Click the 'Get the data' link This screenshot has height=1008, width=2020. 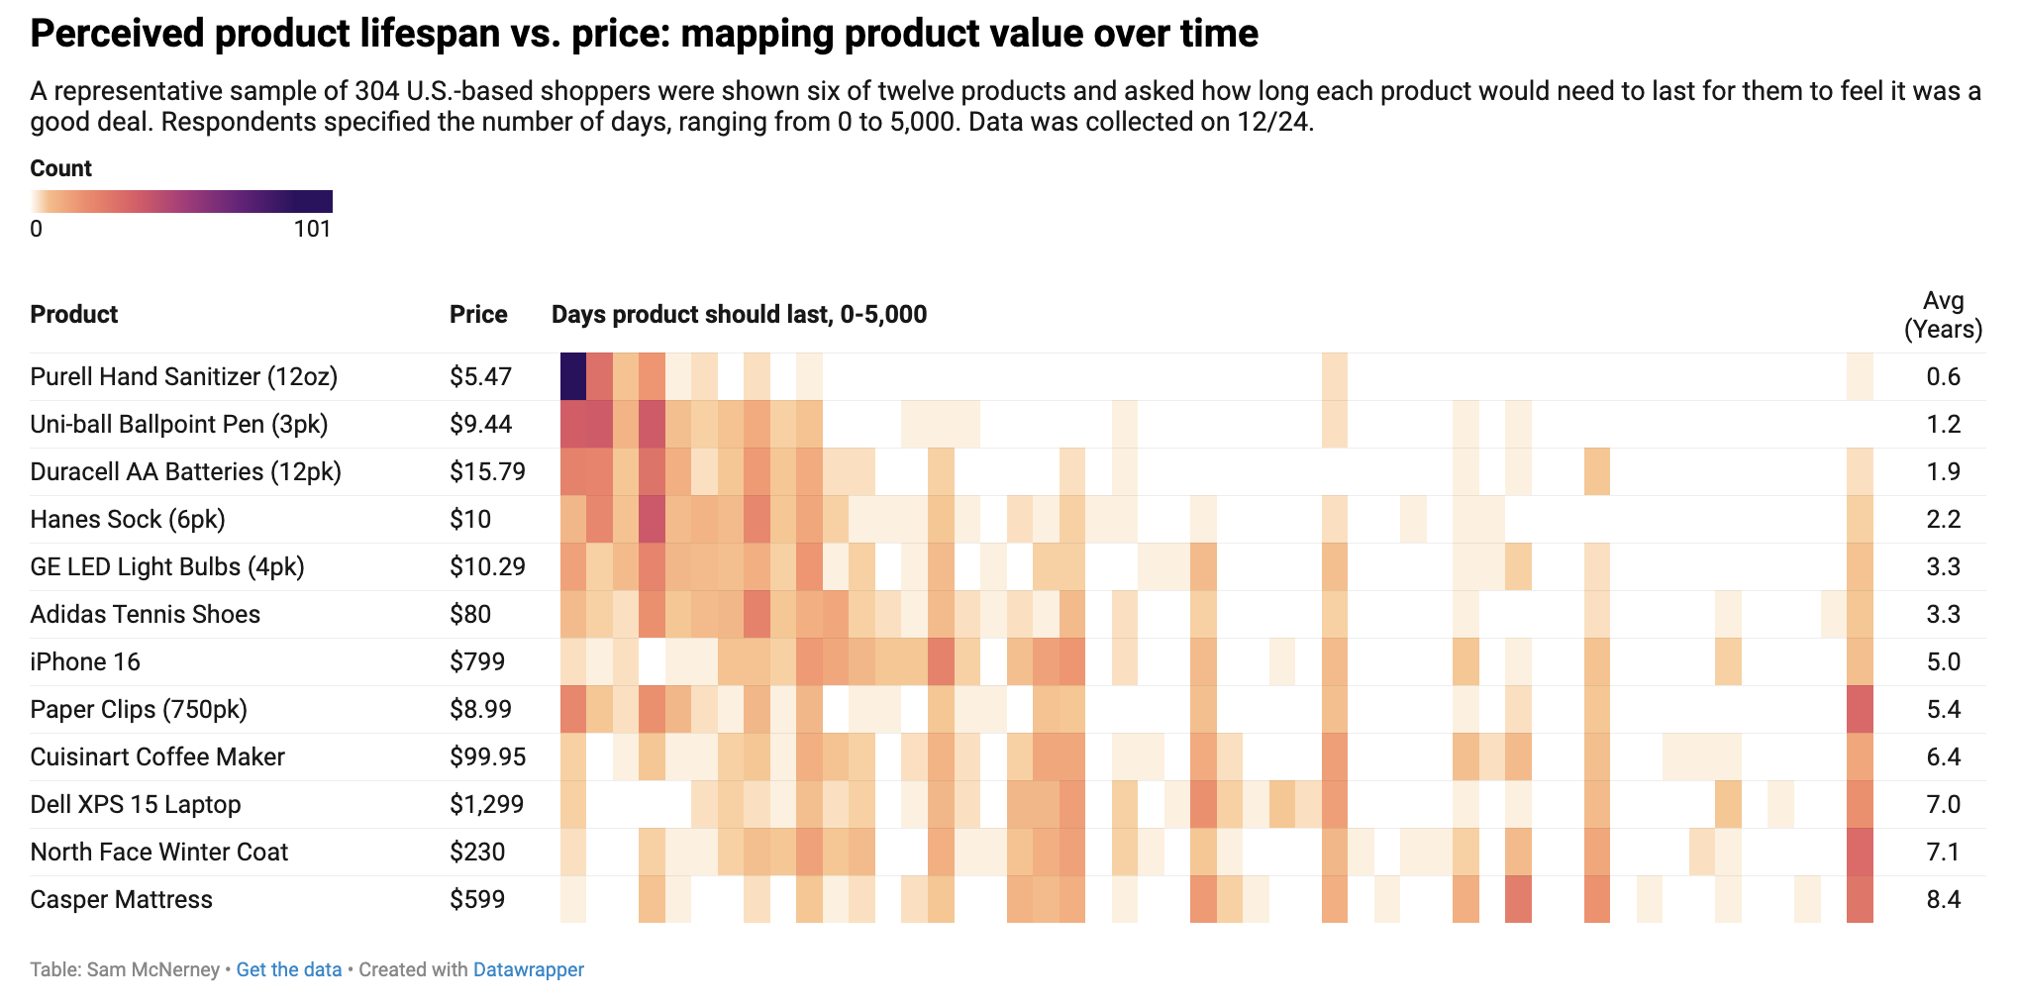288,969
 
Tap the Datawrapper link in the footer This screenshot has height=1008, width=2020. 528,969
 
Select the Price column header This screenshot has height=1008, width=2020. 478,315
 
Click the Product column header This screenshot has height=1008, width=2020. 74,315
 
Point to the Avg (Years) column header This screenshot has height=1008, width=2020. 1943,315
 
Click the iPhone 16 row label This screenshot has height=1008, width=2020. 85,661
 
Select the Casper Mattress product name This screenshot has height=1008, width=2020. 121,899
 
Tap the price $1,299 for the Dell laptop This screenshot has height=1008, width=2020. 486,804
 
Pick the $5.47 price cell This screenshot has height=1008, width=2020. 480,376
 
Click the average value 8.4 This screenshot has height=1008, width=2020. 1943,899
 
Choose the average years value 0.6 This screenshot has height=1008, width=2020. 1943,376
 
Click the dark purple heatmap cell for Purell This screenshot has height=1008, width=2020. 573,376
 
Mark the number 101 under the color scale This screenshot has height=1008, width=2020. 312,229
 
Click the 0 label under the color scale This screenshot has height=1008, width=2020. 36,229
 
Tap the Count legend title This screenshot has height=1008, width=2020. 60,168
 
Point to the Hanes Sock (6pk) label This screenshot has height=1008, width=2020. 128,519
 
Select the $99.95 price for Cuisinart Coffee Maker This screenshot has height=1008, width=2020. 487,756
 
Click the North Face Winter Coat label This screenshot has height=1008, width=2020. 158,852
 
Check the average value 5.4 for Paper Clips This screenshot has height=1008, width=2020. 1943,709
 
